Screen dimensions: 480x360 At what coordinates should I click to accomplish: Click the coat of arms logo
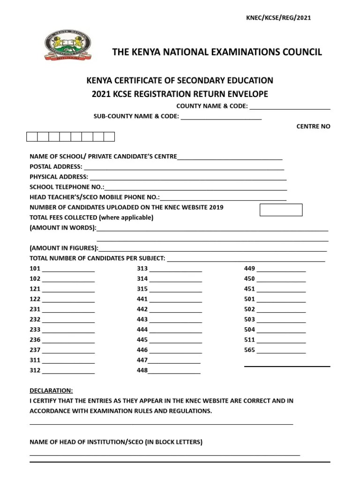pyautogui.click(x=68, y=46)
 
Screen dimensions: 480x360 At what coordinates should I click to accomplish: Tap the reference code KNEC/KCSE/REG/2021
pyautogui.click(x=278, y=18)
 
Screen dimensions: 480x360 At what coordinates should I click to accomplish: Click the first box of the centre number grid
pyautogui.click(x=32, y=137)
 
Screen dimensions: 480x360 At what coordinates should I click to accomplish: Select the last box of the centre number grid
pyautogui.click(x=109, y=137)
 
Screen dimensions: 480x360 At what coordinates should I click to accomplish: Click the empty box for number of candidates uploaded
pyautogui.click(x=281, y=210)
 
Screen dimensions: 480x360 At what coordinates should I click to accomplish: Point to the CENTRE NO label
pyautogui.click(x=313, y=127)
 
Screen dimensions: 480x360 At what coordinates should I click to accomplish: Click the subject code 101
pyautogui.click(x=35, y=269)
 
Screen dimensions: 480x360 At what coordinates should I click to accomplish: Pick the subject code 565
pyautogui.click(x=249, y=350)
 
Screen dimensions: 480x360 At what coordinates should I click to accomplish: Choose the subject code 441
pyautogui.click(x=142, y=299)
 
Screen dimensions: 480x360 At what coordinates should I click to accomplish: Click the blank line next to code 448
pyautogui.click(x=174, y=372)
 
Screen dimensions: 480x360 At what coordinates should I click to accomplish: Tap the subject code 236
pyautogui.click(x=35, y=340)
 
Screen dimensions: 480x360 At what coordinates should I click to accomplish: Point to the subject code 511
pyautogui.click(x=249, y=340)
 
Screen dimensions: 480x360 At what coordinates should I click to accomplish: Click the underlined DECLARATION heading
pyautogui.click(x=51, y=390)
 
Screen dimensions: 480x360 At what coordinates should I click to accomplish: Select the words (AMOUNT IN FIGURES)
pyautogui.click(x=64, y=248)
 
